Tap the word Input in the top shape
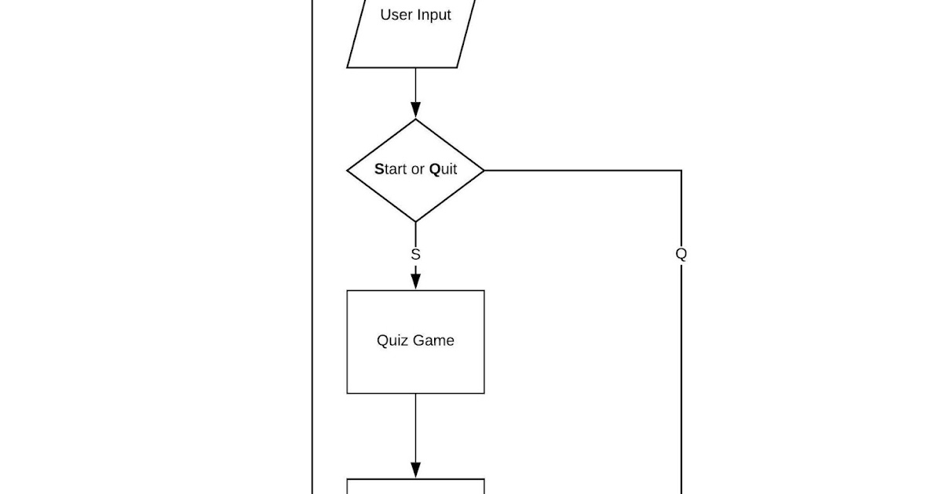pos(433,15)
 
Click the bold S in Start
pos(379,169)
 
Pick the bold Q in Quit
pos(434,169)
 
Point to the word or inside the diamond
pos(418,169)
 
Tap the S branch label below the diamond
pos(416,254)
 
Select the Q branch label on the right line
pos(681,254)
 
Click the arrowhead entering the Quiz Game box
pos(416,282)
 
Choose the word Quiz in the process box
pos(392,340)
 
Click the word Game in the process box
pos(434,340)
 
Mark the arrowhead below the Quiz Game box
pos(416,470)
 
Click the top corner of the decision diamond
pos(416,119)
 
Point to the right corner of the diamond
pos(484,170)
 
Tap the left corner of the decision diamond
pos(348,170)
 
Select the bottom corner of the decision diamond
pos(416,222)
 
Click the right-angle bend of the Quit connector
pos(681,170)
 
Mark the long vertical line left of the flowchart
pos(312,235)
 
